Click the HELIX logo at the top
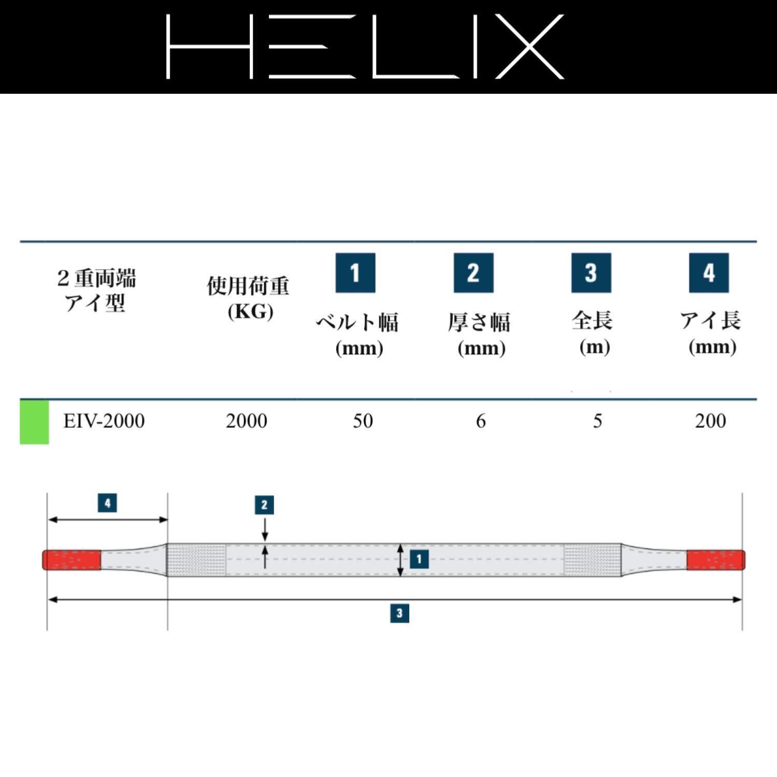click(365, 47)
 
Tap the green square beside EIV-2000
click(34, 422)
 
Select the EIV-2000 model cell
click(104, 421)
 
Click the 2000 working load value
click(247, 421)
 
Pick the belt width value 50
click(363, 421)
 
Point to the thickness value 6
click(481, 421)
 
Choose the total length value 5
click(597, 421)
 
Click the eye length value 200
click(710, 421)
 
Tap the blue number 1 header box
click(355, 273)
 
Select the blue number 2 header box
click(473, 273)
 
